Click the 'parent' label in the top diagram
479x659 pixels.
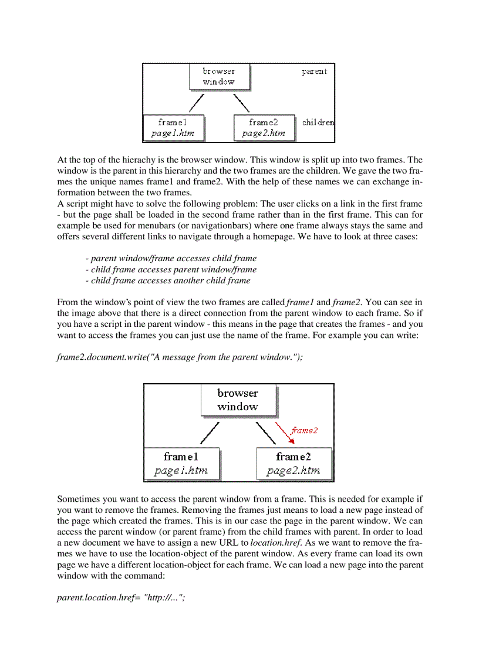314,72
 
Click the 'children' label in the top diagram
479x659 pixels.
318,123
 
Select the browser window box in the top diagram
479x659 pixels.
220,76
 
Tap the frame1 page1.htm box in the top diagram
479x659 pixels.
173,128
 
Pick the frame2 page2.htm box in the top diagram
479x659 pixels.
264,128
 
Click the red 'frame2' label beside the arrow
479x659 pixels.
304,430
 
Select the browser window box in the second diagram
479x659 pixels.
238,400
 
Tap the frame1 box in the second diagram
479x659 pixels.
181,464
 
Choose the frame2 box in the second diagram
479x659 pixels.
294,464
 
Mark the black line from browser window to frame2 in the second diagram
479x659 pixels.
266,432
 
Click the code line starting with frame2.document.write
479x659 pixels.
180,357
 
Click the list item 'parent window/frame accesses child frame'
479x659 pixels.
171,258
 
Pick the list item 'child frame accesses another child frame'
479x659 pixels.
168,281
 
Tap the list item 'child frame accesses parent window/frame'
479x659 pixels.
171,269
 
